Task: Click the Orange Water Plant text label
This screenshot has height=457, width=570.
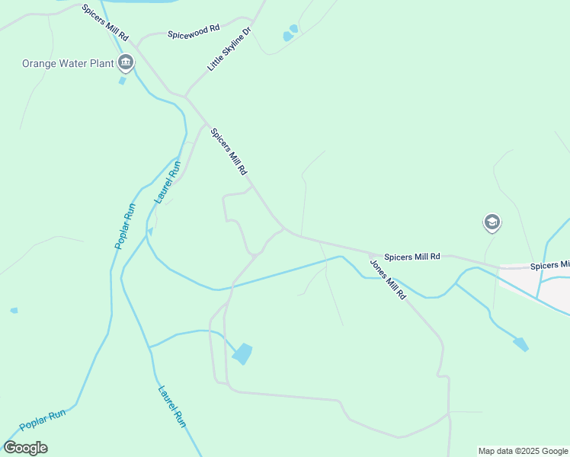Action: tap(68, 63)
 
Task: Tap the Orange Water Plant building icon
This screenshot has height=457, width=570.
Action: tap(126, 62)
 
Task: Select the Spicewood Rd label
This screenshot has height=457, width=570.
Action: tap(194, 31)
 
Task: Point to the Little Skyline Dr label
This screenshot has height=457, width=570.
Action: tap(229, 50)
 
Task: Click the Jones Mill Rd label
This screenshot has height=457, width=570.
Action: tap(389, 279)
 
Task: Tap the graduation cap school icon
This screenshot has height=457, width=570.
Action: tap(492, 222)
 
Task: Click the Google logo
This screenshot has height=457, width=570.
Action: tap(26, 448)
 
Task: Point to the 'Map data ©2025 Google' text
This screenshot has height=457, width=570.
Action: tap(524, 451)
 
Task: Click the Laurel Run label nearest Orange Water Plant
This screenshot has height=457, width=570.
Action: tap(168, 181)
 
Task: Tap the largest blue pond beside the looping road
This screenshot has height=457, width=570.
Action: tap(242, 353)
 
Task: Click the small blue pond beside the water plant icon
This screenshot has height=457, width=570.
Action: tap(122, 80)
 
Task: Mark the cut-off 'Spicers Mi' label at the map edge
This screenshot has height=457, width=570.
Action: tap(549, 265)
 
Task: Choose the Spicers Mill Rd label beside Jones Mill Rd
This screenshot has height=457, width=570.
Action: tap(412, 257)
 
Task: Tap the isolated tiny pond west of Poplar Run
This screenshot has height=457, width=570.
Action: tap(14, 311)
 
